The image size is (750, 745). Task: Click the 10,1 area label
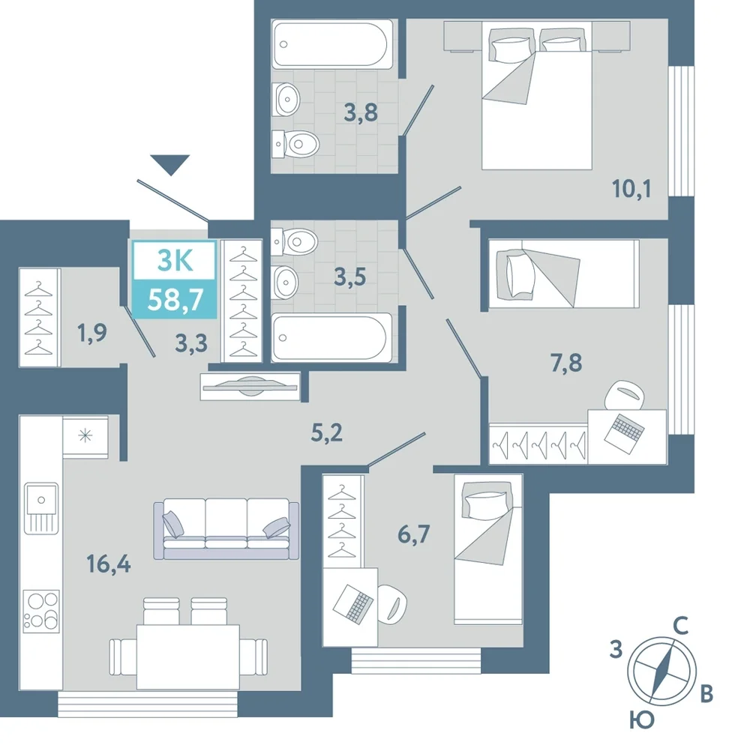[631, 189]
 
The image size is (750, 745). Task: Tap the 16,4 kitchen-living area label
[109, 565]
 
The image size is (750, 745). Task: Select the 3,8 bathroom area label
[361, 112]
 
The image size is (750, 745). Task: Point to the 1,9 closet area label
[91, 333]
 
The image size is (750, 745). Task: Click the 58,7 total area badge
[175, 300]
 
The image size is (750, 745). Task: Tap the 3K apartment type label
[175, 261]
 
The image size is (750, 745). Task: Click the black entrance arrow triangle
[169, 164]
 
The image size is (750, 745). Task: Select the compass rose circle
[661, 672]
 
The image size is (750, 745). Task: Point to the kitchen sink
[41, 508]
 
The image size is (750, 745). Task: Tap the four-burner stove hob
[41, 611]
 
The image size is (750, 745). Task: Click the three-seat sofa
[226, 529]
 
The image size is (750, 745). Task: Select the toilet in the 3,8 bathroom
[295, 143]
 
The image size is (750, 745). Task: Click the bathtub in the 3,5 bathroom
[331, 337]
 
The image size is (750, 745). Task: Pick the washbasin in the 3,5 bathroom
[286, 283]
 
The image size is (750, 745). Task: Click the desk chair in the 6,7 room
[393, 604]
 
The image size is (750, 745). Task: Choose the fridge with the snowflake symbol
[85, 436]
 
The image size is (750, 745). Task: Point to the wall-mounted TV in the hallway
[250, 386]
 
